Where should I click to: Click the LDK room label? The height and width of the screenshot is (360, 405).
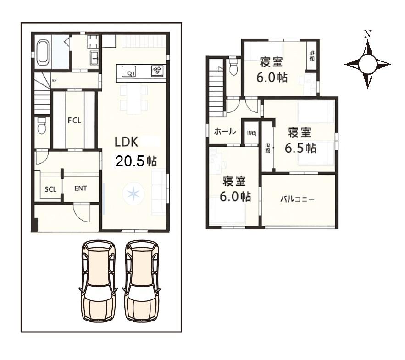(127, 142)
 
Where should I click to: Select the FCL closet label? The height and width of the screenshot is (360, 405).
(74, 121)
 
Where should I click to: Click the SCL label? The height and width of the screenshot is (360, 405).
(50, 189)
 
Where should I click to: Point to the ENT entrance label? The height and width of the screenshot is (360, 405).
(81, 188)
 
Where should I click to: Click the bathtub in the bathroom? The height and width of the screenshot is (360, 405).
(43, 51)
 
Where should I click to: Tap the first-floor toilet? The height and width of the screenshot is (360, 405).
(42, 126)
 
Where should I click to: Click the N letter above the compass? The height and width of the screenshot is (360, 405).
(367, 33)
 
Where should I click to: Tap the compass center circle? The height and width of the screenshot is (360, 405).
(367, 64)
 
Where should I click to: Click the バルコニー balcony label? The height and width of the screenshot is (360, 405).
(298, 199)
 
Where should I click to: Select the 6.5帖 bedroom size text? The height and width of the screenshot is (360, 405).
(300, 148)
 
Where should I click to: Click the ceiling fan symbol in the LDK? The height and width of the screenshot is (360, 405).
(133, 194)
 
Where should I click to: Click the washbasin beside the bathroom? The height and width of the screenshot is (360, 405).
(94, 58)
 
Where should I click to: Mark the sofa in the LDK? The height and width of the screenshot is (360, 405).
(158, 192)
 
